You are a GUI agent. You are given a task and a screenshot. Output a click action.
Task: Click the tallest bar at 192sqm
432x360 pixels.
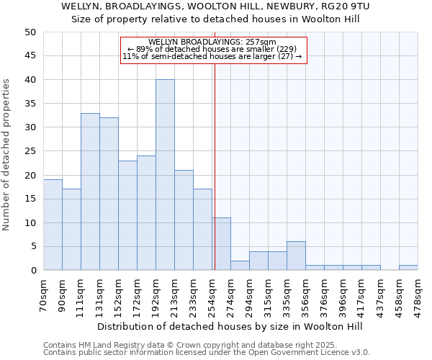pos(165,175)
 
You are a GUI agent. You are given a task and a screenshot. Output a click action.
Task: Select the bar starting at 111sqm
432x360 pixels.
pos(90,192)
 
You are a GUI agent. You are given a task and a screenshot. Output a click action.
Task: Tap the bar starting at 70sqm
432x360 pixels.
pos(53,225)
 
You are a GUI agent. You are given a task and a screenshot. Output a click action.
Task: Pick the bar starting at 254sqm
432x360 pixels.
pos(221,244)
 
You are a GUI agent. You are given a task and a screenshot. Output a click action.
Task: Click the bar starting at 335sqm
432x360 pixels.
pos(296,256)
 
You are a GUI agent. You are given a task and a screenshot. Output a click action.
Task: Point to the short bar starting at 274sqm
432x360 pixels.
pos(240,266)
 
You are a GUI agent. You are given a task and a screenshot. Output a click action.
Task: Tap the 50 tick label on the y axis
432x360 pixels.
pos(30,32)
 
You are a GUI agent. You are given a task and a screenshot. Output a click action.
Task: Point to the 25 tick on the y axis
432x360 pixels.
pos(30,151)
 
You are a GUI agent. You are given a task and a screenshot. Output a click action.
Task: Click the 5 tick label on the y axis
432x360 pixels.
pos(32,247)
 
